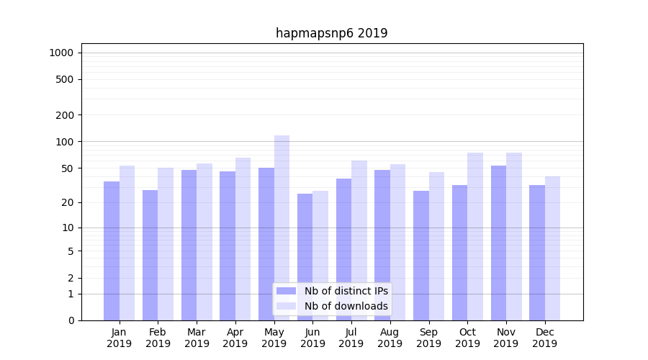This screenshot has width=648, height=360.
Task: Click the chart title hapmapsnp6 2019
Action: tap(331, 33)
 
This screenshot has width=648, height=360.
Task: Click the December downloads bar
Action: tap(552, 248)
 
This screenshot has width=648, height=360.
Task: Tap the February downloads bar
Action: tap(166, 244)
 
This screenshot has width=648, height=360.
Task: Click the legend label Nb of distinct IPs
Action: tap(346, 291)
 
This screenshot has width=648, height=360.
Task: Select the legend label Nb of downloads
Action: tap(346, 306)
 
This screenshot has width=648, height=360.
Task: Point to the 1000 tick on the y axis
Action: tap(61, 53)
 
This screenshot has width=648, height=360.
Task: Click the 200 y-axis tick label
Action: tap(66, 115)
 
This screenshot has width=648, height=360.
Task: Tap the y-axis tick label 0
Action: tap(71, 320)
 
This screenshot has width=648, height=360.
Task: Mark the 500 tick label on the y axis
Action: tap(66, 79)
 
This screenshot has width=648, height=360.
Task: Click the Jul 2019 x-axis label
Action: tap(351, 338)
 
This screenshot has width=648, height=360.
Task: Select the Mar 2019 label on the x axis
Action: tap(197, 338)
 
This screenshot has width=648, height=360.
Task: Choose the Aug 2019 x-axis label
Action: tap(390, 338)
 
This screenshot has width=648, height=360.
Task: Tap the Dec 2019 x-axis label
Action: tap(545, 338)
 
